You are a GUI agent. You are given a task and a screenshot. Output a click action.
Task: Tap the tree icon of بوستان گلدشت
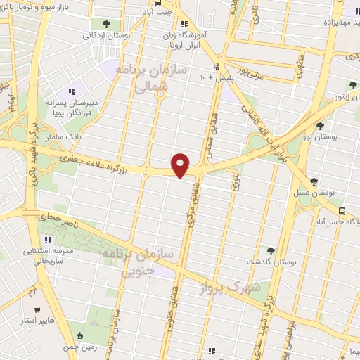tap(271, 250)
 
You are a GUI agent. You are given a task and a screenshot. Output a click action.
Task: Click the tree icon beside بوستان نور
tap(321, 126)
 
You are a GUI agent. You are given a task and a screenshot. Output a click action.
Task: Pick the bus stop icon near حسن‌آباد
tap(342, 210)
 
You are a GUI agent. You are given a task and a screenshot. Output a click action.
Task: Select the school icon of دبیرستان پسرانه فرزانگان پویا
tap(71, 91)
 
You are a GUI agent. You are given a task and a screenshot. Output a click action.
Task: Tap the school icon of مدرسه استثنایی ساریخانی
tap(49, 239)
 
